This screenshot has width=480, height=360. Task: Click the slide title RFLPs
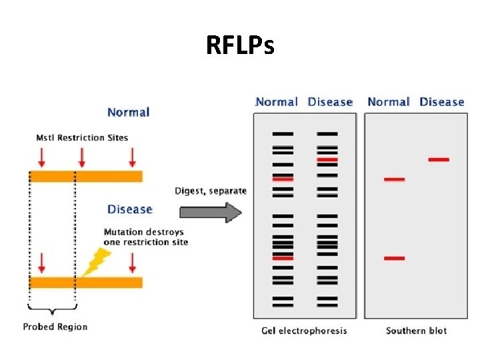[239, 46]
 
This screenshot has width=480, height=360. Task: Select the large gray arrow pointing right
[210, 213]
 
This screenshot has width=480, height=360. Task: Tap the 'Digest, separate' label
[211, 191]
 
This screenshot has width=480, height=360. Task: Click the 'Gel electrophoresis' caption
[305, 331]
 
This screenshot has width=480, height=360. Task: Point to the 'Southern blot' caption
[416, 331]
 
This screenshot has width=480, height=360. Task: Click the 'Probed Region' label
[55, 327]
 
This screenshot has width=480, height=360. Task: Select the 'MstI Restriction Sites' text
[82, 138]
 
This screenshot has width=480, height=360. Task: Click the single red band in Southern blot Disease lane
[439, 159]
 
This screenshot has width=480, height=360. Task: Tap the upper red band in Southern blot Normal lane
[394, 179]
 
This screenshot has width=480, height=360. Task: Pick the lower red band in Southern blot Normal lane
[394, 258]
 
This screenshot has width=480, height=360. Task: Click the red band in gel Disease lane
[327, 160]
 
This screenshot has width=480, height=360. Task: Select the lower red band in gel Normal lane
[283, 257]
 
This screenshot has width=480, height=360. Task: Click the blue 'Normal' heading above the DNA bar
[128, 112]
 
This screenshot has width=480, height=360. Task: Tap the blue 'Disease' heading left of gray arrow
[130, 209]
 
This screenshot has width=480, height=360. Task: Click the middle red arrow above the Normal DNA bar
[82, 157]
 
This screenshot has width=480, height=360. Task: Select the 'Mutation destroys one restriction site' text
[145, 237]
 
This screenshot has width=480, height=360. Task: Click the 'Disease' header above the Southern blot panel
[441, 102]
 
